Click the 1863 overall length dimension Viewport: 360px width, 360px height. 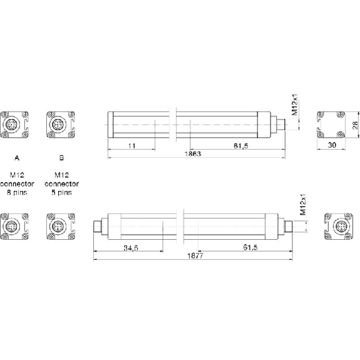tap(193, 153)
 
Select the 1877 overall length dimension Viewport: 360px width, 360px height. tap(195, 255)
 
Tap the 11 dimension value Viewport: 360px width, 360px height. tap(131, 145)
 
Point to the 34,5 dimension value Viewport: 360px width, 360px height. tap(131, 248)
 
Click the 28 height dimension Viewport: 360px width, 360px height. tap(355, 125)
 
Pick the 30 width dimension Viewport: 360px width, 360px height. tap(332, 145)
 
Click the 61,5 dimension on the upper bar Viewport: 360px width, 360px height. tap(241, 145)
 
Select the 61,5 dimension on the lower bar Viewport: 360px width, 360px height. tap(250, 247)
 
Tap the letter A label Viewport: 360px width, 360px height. tap(17, 158)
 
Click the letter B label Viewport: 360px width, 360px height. tap(61, 158)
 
